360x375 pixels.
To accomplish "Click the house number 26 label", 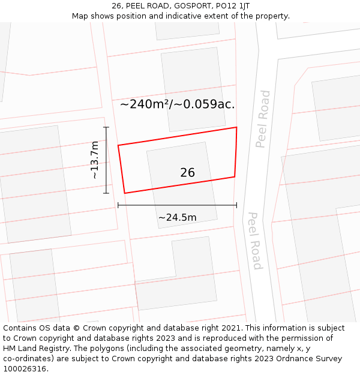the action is point(187,173).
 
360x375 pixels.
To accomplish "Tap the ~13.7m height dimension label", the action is point(95,160).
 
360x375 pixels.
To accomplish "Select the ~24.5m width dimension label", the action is point(177,217).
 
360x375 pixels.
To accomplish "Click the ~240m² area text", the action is point(144,104).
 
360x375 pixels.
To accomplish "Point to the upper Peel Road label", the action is point(263,119).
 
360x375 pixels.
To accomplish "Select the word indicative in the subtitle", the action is point(179,16).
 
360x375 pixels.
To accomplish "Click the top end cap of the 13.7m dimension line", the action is point(106,128).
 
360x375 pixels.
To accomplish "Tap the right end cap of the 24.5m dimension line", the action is point(236,205).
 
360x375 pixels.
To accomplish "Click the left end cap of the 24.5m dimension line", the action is point(118,205).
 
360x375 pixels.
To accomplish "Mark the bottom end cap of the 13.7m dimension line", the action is point(106,193).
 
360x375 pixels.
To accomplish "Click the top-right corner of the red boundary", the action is point(236,127).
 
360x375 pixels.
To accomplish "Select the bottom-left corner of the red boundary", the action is point(125,193).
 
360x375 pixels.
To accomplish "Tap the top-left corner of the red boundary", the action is point(118,145).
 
